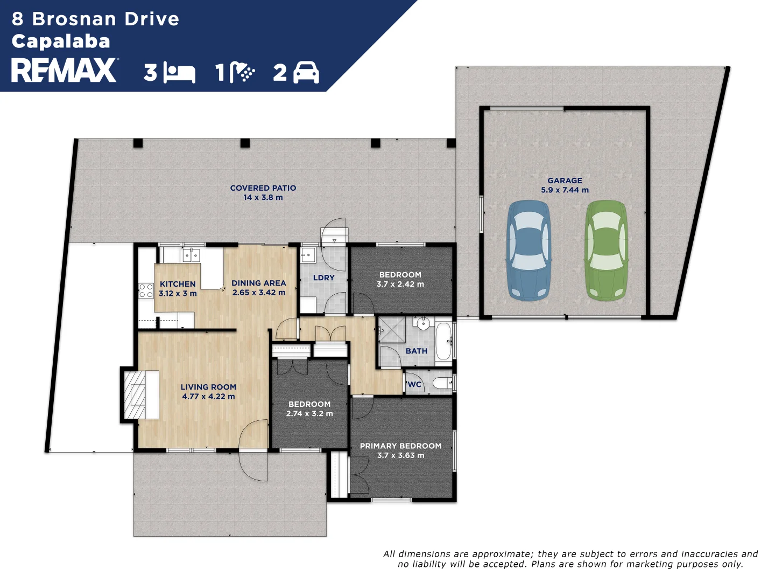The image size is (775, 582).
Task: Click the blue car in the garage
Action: (x=529, y=250)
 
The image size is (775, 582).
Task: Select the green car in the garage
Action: (x=606, y=250)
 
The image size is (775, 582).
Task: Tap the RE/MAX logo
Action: (x=64, y=70)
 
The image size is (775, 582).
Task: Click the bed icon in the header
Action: (x=179, y=73)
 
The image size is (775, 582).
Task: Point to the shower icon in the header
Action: (x=242, y=72)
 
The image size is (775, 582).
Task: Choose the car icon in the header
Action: (x=306, y=72)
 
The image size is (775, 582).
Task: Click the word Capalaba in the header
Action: (x=61, y=41)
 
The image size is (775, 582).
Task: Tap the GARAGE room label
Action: (x=565, y=181)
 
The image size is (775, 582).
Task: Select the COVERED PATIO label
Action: (x=263, y=188)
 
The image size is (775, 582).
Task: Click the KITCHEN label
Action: (x=178, y=284)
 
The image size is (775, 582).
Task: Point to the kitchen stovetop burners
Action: (x=146, y=290)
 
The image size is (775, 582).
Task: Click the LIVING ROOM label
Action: (x=208, y=387)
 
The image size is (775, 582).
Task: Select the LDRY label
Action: (x=323, y=278)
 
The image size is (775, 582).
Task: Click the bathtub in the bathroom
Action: (x=443, y=341)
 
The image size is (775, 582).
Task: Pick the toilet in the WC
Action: (x=443, y=383)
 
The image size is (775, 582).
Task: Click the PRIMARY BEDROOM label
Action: (x=401, y=446)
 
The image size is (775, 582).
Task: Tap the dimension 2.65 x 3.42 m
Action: (x=259, y=293)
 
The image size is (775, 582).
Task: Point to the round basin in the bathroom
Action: (x=422, y=323)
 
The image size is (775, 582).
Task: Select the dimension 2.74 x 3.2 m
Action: (x=309, y=413)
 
